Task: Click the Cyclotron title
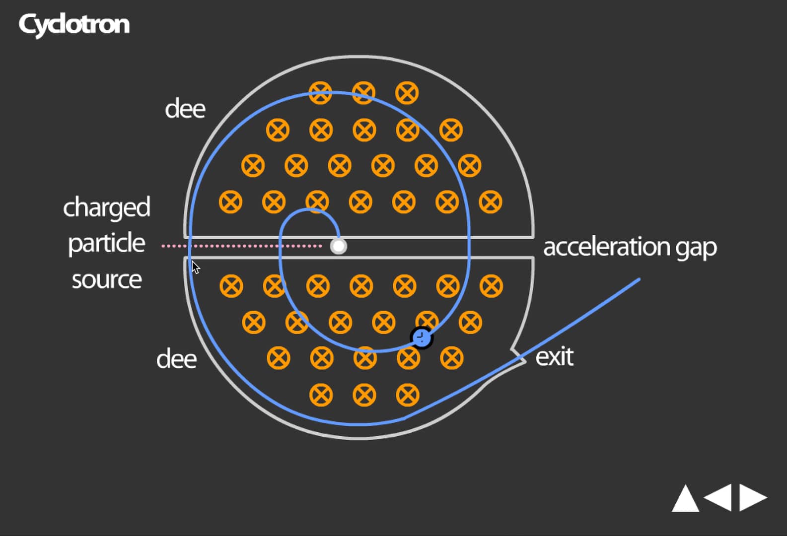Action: pos(74,24)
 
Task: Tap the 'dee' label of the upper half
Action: pos(185,109)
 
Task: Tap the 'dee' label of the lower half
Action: pos(176,359)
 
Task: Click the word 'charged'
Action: pos(106,207)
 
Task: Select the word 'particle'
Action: pos(106,244)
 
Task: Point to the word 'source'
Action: pos(106,280)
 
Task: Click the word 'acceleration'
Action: pos(606,247)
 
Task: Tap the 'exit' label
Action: pos(554,357)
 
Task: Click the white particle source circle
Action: pos(339,246)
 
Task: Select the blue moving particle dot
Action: pos(422,338)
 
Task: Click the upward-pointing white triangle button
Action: pos(685,498)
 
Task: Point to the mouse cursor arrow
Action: pos(195,267)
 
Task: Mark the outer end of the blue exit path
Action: pos(639,279)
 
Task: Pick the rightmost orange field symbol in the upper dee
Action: pos(491,202)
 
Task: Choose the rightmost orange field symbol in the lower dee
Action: pos(492,286)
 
